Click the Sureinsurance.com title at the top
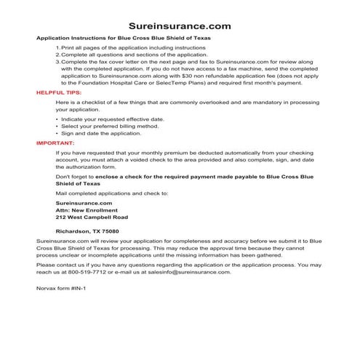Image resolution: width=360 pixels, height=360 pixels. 180,25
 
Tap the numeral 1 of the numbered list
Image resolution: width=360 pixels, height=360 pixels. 57,47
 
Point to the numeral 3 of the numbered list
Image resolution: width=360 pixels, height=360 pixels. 57,63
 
